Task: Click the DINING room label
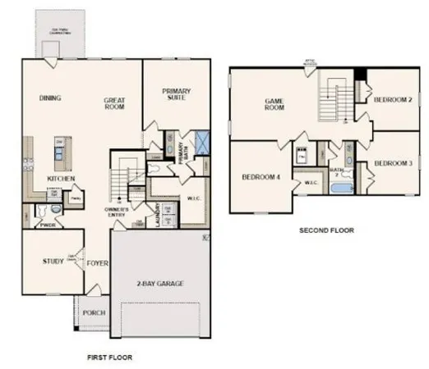50,98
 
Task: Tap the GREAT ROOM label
113,102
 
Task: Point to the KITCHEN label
62,178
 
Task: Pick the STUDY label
53,262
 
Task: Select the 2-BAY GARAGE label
160,283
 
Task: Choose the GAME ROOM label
274,104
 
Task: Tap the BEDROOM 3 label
392,163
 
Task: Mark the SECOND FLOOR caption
326,231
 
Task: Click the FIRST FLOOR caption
109,358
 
